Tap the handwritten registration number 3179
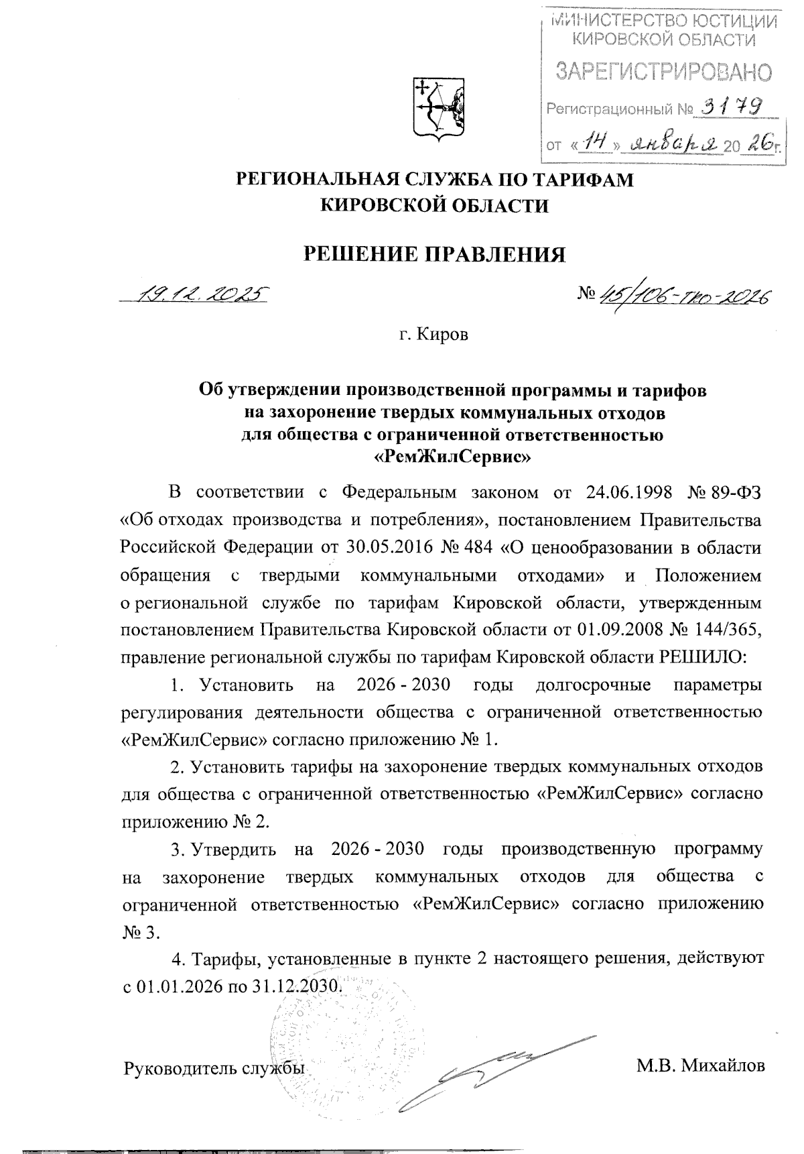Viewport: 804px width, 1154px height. coord(731,106)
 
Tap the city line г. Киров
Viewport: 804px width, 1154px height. coord(433,334)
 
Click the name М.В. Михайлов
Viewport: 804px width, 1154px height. coord(701,1066)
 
